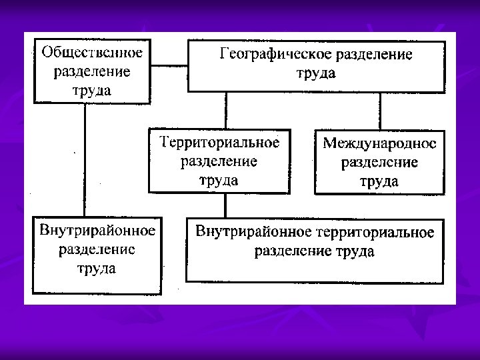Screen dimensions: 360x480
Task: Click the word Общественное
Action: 93,51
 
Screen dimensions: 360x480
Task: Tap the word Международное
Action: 379,143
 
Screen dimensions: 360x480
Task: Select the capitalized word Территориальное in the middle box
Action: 219,142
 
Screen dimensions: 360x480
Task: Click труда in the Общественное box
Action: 92,90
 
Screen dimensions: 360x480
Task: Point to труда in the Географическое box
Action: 316,73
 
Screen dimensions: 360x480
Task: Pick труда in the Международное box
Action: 379,181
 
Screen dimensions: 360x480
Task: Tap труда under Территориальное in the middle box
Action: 219,179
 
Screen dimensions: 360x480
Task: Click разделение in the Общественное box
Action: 92,71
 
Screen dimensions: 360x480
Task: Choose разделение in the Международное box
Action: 379,162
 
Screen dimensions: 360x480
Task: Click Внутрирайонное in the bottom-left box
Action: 97,231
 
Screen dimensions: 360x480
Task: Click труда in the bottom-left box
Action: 97,269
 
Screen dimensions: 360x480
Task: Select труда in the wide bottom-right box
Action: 354,251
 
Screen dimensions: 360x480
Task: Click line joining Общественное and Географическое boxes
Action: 169,66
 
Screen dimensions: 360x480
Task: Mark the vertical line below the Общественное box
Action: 85,160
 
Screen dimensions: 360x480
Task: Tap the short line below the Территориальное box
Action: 225,206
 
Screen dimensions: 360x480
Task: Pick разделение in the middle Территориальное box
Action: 219,161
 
